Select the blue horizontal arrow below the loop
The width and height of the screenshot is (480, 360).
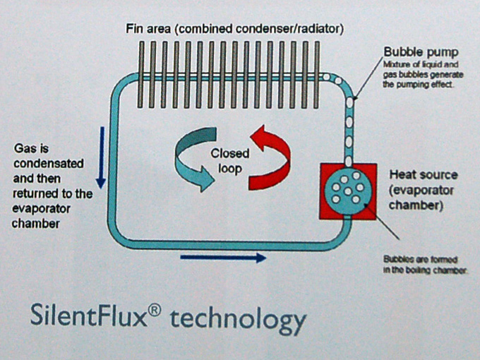(223, 258)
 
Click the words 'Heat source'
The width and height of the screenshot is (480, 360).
(424, 174)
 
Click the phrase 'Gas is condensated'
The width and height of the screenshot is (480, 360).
(49, 156)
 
